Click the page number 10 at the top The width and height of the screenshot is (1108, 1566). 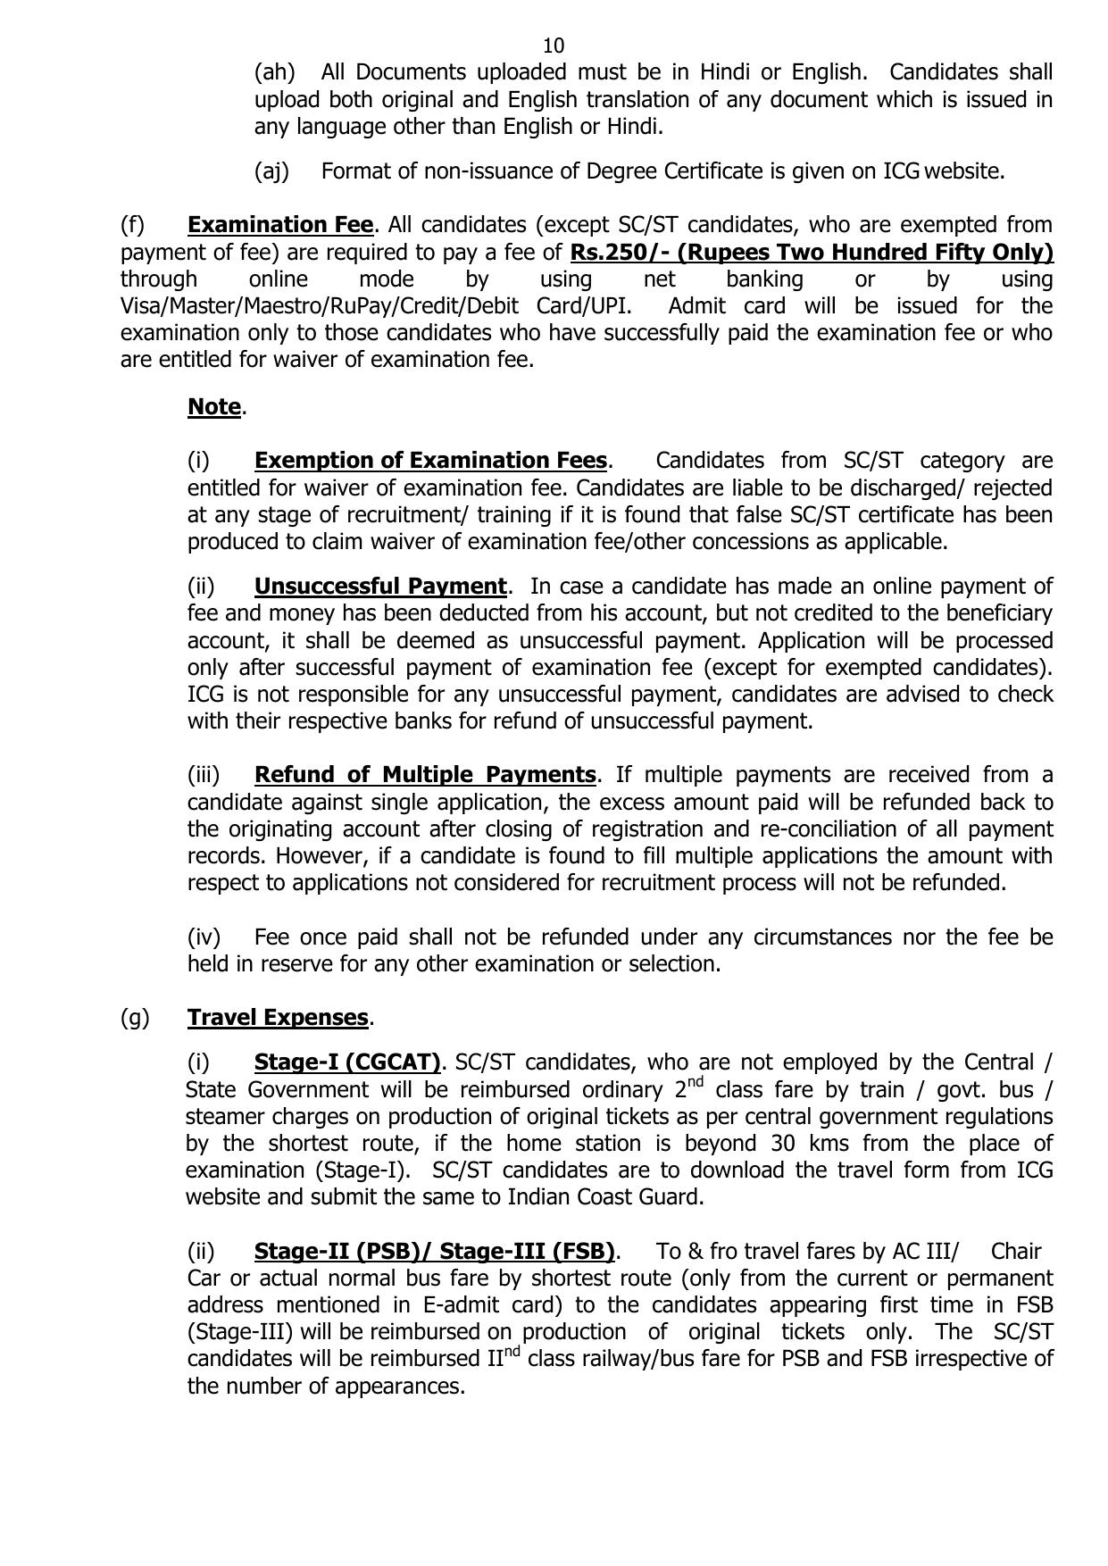[x=554, y=46]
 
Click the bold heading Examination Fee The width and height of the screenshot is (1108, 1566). [x=279, y=225]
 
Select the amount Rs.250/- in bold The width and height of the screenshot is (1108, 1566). [x=621, y=253]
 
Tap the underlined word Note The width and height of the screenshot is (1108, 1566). [x=214, y=407]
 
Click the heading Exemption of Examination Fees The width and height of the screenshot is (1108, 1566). [x=430, y=461]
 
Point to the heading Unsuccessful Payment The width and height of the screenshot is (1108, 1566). [x=380, y=587]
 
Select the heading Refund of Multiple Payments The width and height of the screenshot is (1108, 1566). [x=425, y=775]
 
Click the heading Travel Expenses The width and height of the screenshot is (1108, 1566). [x=278, y=1018]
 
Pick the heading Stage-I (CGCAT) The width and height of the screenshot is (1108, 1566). [x=347, y=1062]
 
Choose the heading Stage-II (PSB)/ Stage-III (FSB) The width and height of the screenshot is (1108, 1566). [x=434, y=1251]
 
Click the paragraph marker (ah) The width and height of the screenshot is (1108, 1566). [x=274, y=72]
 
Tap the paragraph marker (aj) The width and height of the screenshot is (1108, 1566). [x=272, y=171]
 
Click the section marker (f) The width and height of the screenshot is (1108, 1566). [x=132, y=225]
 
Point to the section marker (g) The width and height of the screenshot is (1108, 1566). [x=135, y=1018]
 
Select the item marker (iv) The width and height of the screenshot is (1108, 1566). [x=204, y=937]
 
